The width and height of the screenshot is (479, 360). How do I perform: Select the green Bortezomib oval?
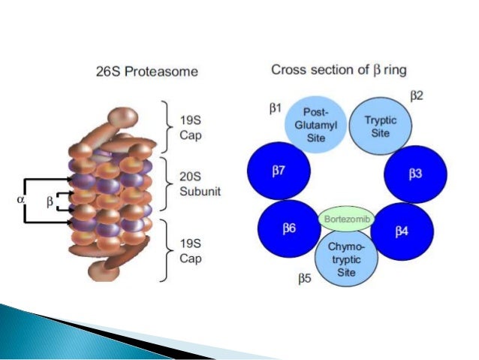[x=345, y=218]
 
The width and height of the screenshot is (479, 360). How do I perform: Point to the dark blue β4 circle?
[x=402, y=229]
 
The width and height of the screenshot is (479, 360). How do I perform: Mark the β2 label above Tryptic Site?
[x=416, y=95]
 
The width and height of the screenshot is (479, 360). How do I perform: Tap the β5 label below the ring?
[x=304, y=279]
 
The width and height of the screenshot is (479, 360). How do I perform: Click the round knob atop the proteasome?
[x=120, y=119]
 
